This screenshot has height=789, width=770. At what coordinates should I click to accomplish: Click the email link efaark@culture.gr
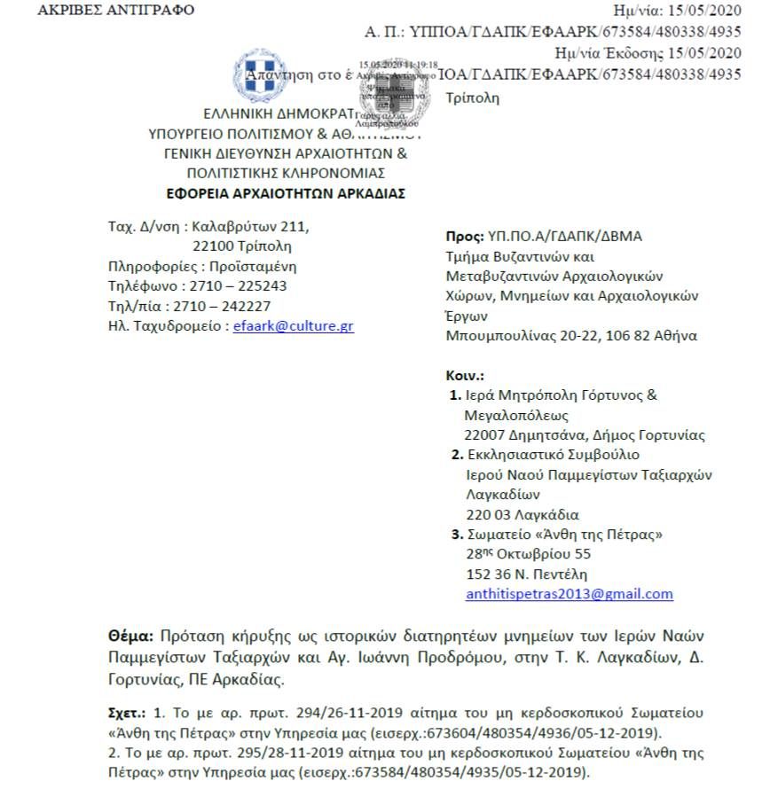(293, 326)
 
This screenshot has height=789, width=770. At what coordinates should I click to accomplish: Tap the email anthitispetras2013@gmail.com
(569, 594)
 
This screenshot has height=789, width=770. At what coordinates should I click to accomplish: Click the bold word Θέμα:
(131, 637)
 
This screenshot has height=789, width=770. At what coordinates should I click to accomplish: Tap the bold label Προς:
(464, 236)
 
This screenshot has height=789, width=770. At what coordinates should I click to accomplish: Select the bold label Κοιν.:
(464, 376)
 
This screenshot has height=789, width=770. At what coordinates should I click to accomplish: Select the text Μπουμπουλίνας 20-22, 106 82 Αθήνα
(570, 336)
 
